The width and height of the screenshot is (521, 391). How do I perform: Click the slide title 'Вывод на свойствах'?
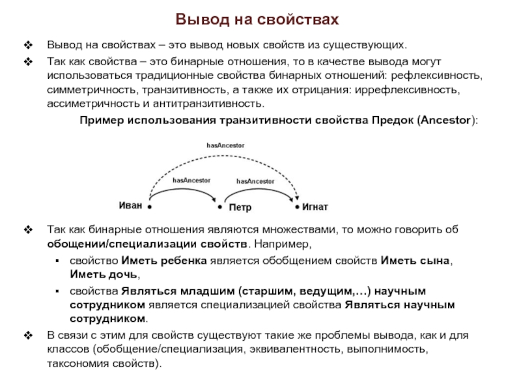click(x=259, y=20)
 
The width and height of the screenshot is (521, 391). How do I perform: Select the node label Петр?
click(x=240, y=208)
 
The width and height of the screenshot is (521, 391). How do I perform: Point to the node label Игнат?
click(x=315, y=207)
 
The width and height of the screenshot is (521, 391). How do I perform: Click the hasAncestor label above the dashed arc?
click(x=225, y=145)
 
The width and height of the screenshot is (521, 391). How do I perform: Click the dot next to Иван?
click(x=149, y=207)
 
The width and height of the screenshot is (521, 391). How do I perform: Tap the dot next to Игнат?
click(x=297, y=207)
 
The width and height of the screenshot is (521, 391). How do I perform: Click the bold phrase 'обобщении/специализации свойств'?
click(x=147, y=244)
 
